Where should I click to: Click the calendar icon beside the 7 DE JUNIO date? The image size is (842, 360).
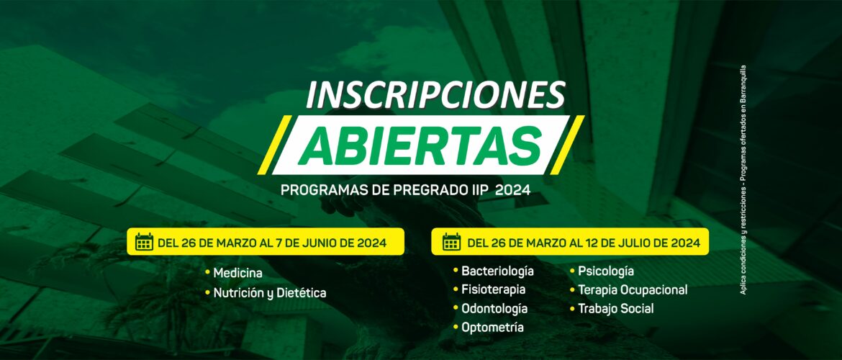(x=144, y=242)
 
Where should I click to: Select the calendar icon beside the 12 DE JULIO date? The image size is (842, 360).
(x=452, y=242)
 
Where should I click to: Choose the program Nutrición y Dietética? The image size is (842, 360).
(x=270, y=293)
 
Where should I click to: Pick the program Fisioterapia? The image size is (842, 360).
(x=494, y=289)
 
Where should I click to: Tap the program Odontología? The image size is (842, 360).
(x=494, y=308)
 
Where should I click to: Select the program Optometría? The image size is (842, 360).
(x=492, y=327)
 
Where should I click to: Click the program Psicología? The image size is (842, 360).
(x=606, y=271)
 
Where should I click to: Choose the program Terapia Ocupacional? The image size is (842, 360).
(x=633, y=290)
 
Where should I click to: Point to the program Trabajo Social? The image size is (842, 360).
(x=616, y=309)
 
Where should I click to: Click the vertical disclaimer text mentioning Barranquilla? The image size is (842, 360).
(x=743, y=180)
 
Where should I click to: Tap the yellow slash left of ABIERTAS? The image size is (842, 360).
(x=274, y=145)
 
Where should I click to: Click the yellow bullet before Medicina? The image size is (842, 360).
(x=207, y=273)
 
